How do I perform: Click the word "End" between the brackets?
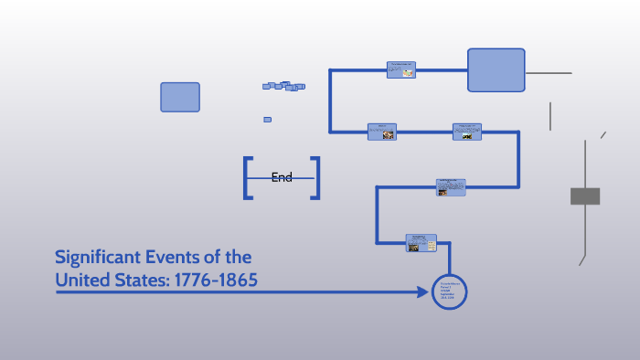click(282, 177)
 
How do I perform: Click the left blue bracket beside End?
click(247, 178)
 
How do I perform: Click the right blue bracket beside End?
click(316, 178)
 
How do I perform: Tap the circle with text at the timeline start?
click(449, 292)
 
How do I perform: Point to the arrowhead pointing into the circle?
click(425, 292)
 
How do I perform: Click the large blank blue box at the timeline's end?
click(496, 70)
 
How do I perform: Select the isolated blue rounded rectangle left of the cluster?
click(180, 97)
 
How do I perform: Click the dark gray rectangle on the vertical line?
click(585, 196)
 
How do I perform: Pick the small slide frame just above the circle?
click(421, 243)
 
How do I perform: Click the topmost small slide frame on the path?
click(400, 69)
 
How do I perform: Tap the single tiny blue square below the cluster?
click(267, 119)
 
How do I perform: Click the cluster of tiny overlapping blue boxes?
click(284, 86)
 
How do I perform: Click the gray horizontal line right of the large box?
click(549, 72)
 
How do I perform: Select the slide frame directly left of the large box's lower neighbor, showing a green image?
click(466, 132)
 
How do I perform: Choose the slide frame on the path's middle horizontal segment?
click(451, 187)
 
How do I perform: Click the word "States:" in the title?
click(154, 280)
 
